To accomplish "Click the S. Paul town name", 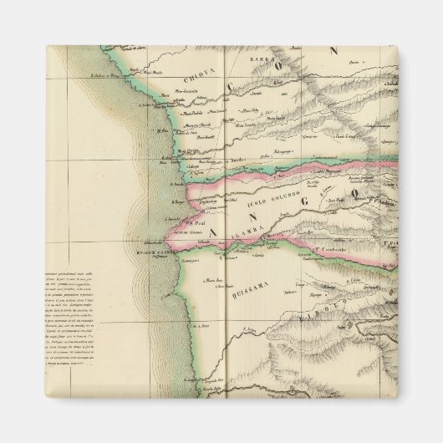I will click(x=198, y=221).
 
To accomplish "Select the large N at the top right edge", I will click(x=333, y=51).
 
